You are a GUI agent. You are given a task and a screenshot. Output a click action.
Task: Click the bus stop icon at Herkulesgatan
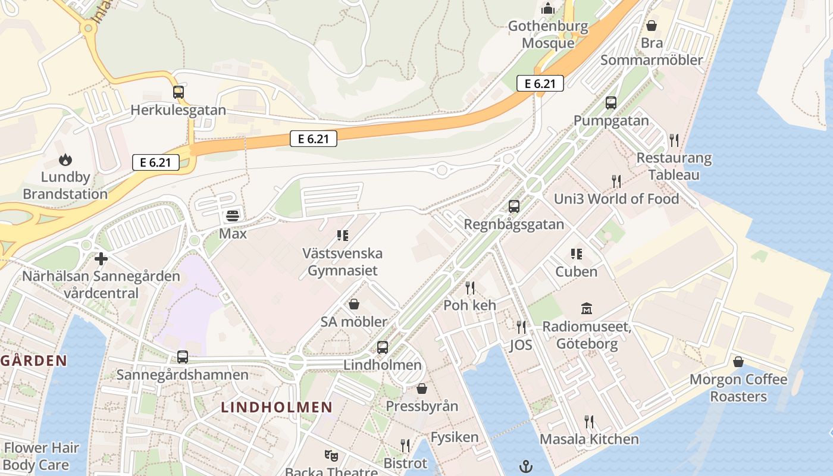[x=178, y=92]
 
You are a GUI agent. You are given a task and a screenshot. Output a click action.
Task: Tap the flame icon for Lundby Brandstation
[x=65, y=159]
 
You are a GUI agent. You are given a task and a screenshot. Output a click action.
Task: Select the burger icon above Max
[x=233, y=215]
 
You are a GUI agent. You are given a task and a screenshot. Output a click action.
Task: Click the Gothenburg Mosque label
[x=548, y=35]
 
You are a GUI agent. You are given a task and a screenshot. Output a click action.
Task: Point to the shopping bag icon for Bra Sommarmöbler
[x=652, y=26]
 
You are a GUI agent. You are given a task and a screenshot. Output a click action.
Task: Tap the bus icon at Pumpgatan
[x=611, y=103]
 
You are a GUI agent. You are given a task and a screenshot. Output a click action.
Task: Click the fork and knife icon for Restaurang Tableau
[x=674, y=140]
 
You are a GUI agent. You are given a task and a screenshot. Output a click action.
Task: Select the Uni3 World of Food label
[x=616, y=199]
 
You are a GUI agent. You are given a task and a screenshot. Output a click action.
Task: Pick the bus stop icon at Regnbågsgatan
[x=514, y=206]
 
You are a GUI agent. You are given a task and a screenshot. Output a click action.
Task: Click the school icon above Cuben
[x=576, y=254]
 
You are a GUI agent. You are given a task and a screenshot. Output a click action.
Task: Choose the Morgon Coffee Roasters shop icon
[x=738, y=362]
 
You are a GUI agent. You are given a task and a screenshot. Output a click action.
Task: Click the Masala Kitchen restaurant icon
[x=589, y=422]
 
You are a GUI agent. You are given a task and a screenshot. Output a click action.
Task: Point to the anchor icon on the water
[x=525, y=466]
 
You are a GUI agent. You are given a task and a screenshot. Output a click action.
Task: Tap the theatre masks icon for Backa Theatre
[x=331, y=456]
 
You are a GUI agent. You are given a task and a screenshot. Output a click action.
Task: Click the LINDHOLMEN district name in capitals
[x=277, y=408]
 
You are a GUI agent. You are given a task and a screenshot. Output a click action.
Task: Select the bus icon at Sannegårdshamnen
[x=183, y=357]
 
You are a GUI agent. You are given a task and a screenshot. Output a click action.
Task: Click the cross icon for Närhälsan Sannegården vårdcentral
[x=101, y=259]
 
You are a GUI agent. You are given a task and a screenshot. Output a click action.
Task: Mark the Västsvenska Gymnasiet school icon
[x=342, y=236]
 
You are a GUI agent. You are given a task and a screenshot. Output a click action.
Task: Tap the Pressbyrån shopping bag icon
[x=422, y=389]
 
